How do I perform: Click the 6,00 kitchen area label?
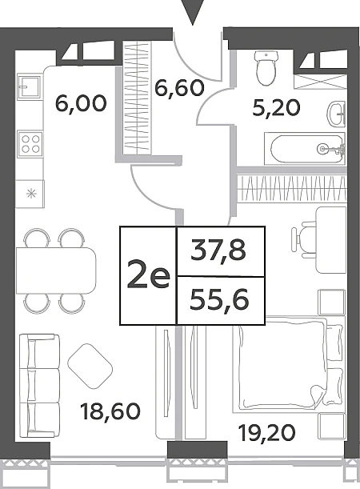[x=81, y=103]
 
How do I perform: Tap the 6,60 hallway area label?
[x=179, y=87]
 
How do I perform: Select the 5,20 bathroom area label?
[x=277, y=108]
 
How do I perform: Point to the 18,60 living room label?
[x=110, y=411]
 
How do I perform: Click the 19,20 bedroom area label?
[x=266, y=433]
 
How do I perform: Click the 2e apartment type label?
[x=148, y=276]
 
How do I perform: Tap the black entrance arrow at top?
[x=193, y=12]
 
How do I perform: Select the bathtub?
[x=305, y=149]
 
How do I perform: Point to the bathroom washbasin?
[x=337, y=114]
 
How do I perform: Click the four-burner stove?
[x=30, y=143]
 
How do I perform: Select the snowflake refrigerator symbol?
[x=31, y=194]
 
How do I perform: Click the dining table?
[x=56, y=271]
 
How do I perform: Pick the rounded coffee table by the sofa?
[x=90, y=366]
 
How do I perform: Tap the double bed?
[x=289, y=363]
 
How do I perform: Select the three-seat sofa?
[x=39, y=385]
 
